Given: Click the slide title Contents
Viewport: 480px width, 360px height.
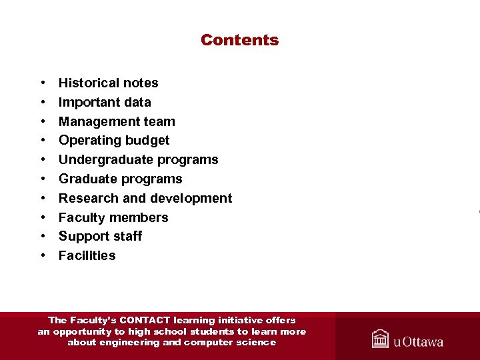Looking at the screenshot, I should click(x=239, y=40).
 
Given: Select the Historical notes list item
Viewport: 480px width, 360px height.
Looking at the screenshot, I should click(x=108, y=83).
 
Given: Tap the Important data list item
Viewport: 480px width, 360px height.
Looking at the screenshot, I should click(x=105, y=103).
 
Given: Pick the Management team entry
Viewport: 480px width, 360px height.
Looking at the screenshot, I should click(x=117, y=122).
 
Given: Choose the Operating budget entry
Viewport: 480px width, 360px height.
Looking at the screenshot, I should click(x=114, y=141).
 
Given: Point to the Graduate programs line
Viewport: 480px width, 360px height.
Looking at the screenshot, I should click(x=120, y=179).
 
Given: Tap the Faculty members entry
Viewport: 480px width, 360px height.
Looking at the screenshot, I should click(x=113, y=218).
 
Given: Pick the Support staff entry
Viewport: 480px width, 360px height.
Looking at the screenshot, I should click(x=100, y=237).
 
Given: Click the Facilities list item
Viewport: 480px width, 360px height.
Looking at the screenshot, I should click(x=87, y=256).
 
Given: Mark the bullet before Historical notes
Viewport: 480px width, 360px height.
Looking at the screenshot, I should click(x=43, y=83).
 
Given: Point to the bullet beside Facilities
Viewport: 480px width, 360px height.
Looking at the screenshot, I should click(x=43, y=256).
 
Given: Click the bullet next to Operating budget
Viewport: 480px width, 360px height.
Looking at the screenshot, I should click(x=43, y=141).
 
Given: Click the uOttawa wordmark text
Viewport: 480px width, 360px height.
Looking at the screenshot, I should click(x=418, y=342).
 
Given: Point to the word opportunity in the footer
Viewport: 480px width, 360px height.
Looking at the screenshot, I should click(x=83, y=331).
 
